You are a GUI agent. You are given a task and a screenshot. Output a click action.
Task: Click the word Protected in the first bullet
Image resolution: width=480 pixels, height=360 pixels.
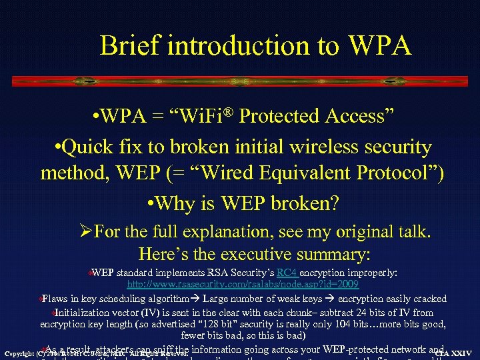coord(281,117)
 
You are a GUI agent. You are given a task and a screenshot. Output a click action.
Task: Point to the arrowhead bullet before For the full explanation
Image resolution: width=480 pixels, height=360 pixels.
coord(85,233)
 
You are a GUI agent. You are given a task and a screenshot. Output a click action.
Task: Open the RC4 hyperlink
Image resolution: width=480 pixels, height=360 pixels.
coord(287,273)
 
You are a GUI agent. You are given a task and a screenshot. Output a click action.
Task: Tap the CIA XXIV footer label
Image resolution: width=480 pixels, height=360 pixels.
coord(453,353)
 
